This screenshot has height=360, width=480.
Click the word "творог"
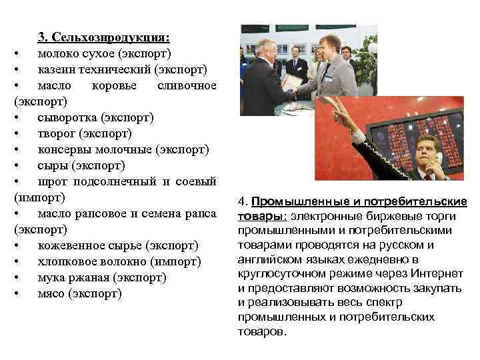[57, 133]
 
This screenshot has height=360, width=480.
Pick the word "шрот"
[53, 181]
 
